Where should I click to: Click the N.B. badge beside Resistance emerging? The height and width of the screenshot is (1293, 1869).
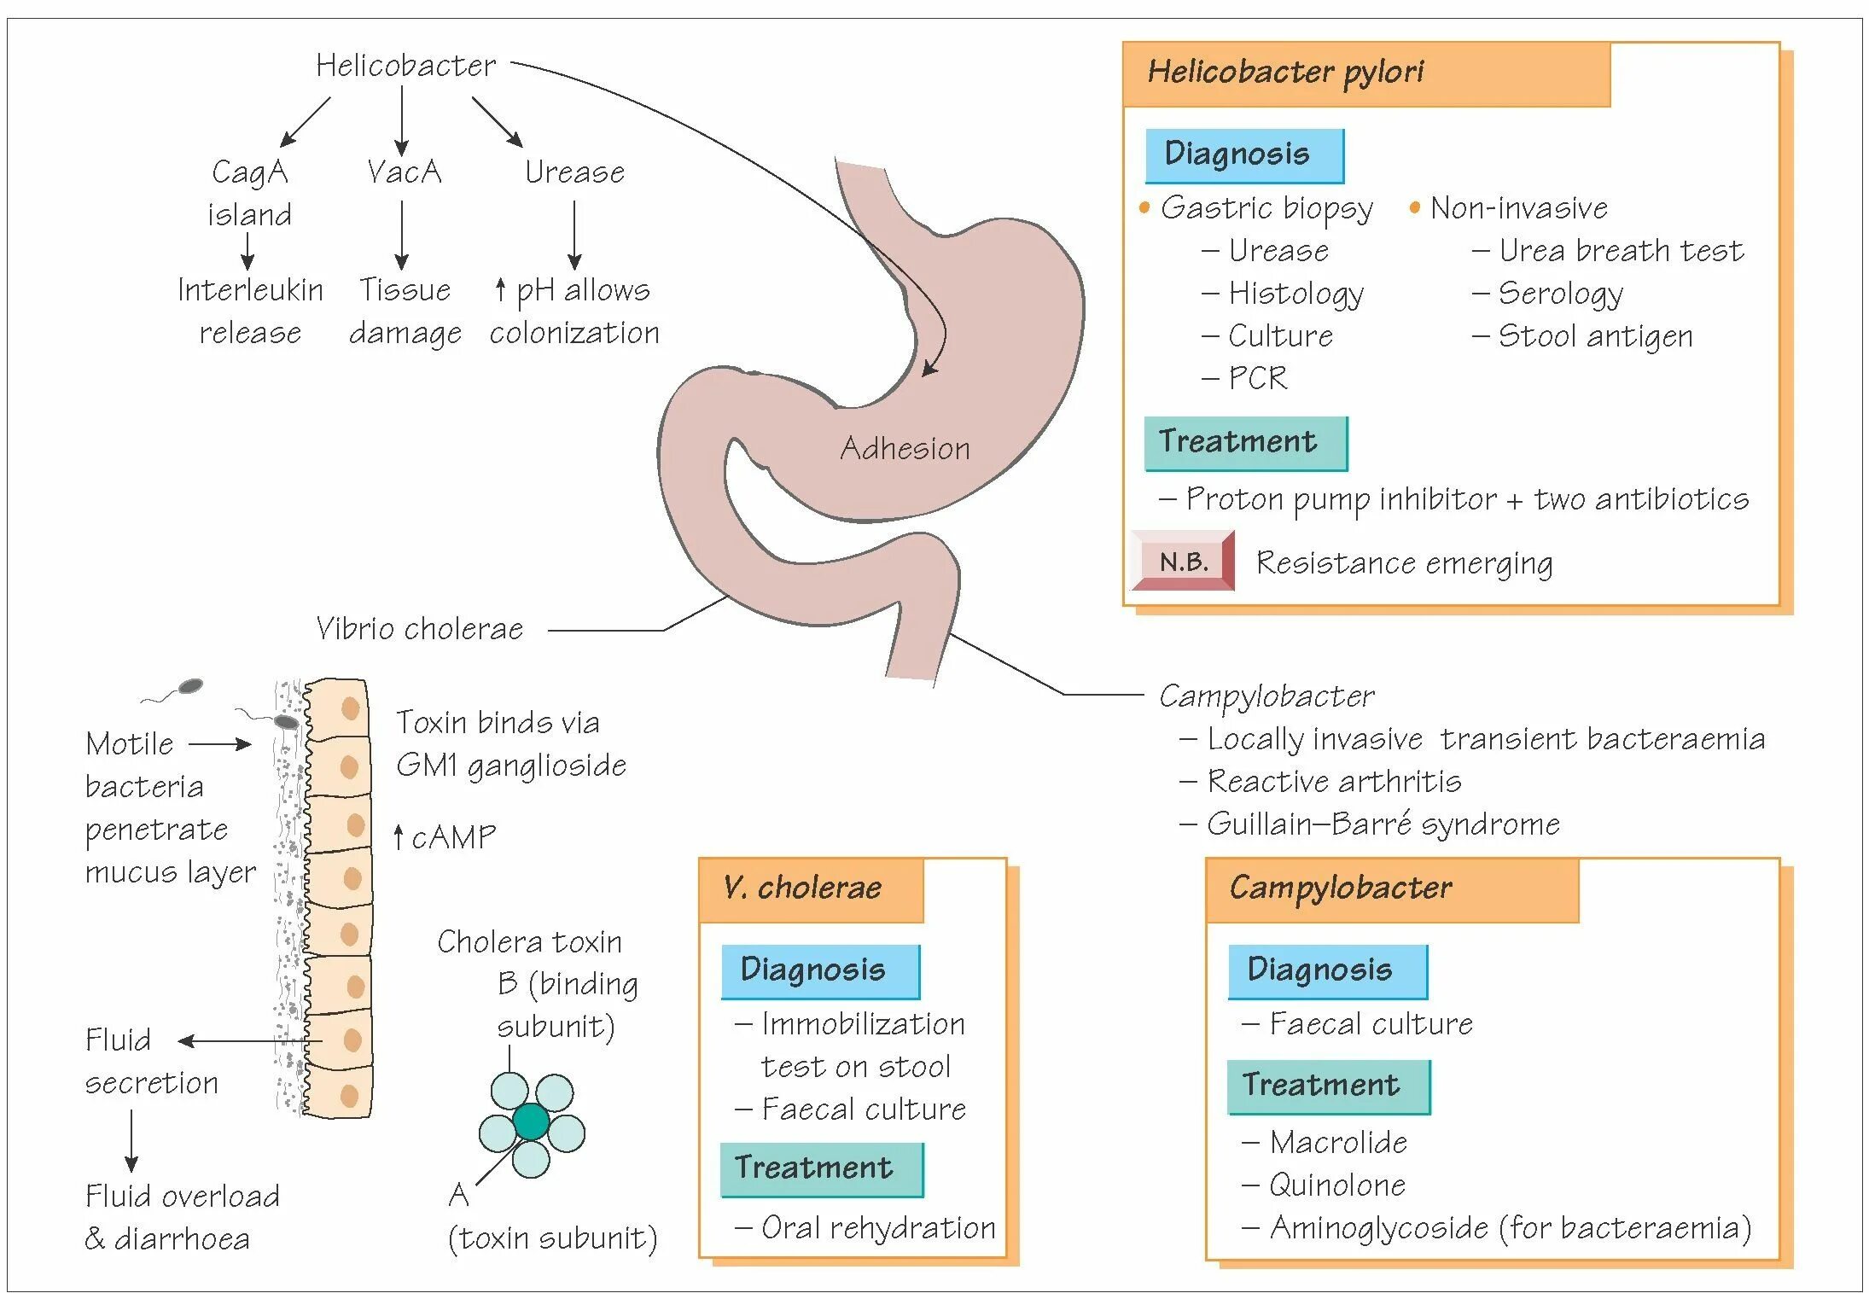[x=1184, y=562]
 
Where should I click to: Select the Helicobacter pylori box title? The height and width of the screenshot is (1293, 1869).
[x=1285, y=72]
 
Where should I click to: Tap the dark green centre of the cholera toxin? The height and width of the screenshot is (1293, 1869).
[x=531, y=1121]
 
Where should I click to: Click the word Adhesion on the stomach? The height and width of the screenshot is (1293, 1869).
[x=905, y=448]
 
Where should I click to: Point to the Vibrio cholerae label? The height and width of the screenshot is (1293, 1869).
[x=419, y=629]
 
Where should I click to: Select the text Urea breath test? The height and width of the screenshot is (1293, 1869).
[x=1621, y=251]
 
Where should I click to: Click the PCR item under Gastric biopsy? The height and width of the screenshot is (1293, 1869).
[x=1257, y=377]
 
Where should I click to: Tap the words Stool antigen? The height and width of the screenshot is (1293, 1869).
[x=1595, y=336]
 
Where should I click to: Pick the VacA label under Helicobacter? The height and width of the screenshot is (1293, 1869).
[x=404, y=172]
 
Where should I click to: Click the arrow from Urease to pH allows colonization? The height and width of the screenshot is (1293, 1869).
[x=574, y=236]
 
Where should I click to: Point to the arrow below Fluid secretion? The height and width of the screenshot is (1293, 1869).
[x=131, y=1141]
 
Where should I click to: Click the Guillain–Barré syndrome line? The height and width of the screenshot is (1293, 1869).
[x=1383, y=824]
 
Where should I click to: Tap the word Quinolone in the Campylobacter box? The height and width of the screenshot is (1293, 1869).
[x=1337, y=1185]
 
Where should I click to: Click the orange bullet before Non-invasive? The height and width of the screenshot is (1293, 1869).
[x=1414, y=207]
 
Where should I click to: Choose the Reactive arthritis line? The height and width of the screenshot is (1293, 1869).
[x=1334, y=782]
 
